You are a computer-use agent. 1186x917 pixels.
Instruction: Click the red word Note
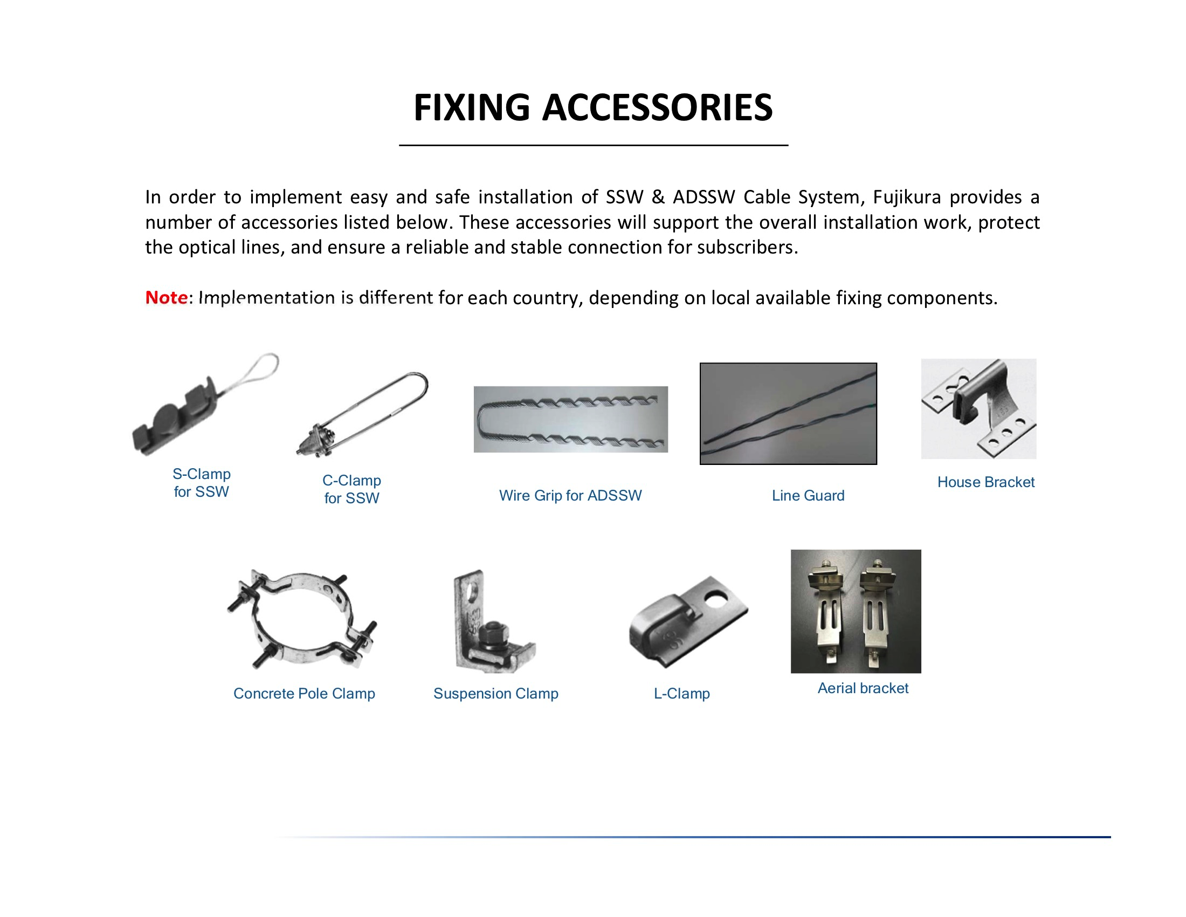coord(166,297)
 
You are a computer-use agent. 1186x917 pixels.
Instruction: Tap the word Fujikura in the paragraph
coord(906,197)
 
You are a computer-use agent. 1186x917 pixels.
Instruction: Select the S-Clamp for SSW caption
coord(202,482)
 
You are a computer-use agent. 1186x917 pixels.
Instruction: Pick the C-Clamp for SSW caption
coord(351,489)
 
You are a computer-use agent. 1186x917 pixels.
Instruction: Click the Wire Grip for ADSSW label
coord(570,495)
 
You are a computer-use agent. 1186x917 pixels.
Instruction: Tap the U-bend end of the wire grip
coord(481,421)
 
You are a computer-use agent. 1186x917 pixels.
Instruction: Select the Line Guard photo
coord(788,413)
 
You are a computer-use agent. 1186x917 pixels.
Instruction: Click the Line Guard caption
coord(808,495)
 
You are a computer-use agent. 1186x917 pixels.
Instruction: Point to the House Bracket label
coord(985,482)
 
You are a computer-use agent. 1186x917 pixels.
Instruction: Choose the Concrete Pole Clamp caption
coord(304,693)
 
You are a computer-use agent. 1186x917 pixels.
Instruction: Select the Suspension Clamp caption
coord(495,693)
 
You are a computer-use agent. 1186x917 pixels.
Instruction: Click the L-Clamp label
coord(681,693)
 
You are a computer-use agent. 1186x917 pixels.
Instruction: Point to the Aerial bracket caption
coord(863,688)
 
